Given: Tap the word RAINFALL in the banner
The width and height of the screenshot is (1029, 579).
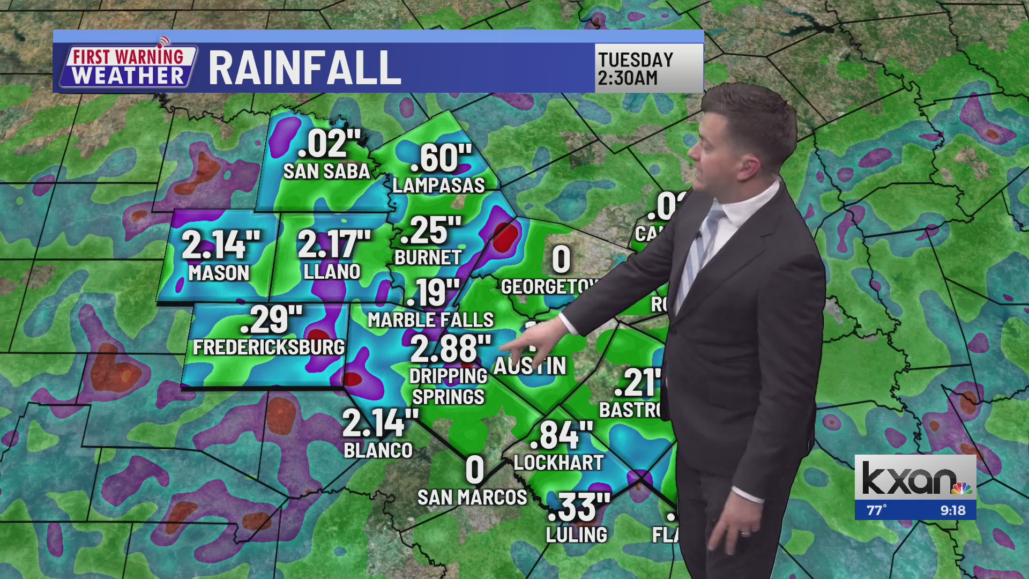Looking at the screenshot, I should (x=304, y=68).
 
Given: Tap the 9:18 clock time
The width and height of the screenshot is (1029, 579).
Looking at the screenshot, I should (x=952, y=510).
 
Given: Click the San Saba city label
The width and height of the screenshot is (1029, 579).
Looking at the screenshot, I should (x=326, y=172).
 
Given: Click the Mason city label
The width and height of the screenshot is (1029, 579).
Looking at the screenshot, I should (x=219, y=273).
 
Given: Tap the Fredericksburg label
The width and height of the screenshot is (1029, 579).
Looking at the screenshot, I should (x=269, y=347).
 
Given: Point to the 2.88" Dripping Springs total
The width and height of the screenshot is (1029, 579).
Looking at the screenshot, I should (x=450, y=348).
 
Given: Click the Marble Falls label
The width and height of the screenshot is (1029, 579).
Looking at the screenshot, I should (x=430, y=320).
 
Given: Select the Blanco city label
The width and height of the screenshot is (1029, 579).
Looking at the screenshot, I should (x=378, y=451).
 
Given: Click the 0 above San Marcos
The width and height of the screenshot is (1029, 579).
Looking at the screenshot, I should (x=475, y=470).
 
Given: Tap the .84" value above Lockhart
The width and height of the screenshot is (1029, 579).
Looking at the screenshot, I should (x=561, y=435).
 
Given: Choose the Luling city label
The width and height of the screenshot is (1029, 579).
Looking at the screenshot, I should (x=576, y=535).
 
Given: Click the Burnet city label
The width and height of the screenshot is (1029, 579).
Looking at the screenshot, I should (x=428, y=258).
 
